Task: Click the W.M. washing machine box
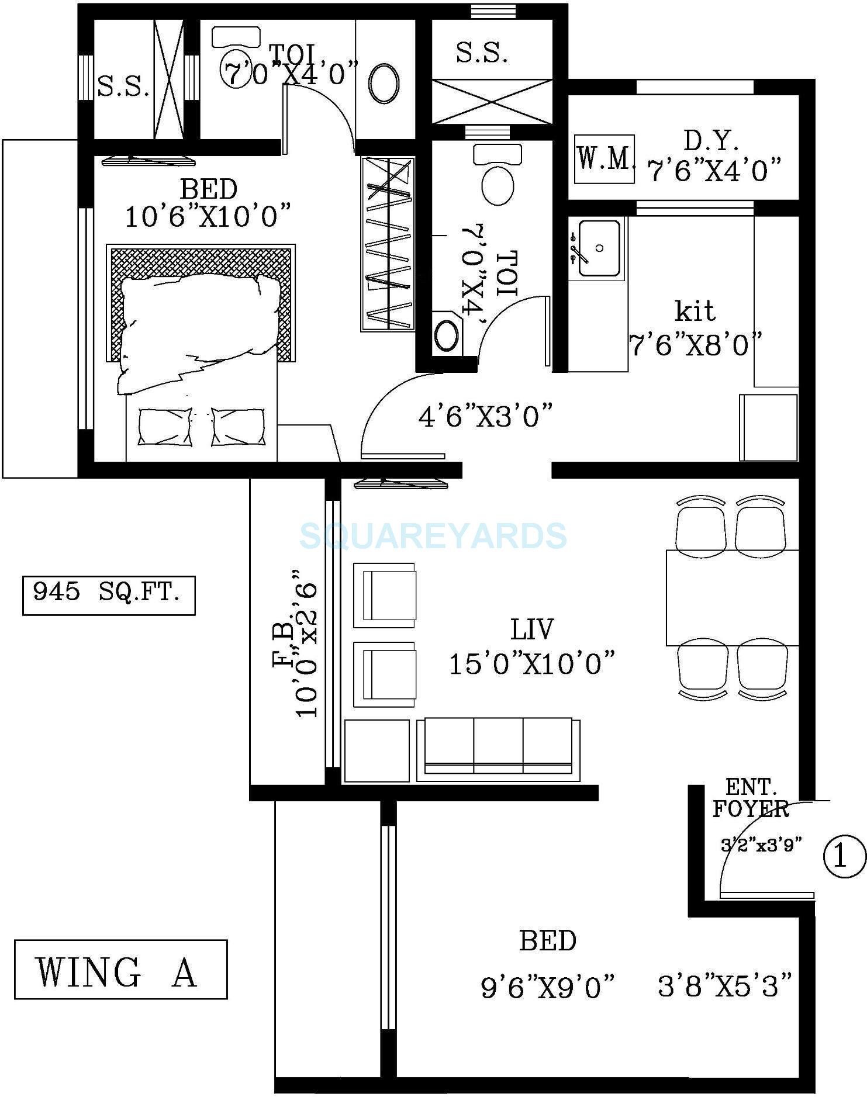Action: tap(605, 159)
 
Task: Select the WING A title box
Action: tap(120, 969)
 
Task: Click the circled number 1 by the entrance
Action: tap(843, 857)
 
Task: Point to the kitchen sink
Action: tap(598, 248)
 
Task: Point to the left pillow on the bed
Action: tap(165, 427)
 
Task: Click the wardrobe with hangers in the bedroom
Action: tap(388, 244)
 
